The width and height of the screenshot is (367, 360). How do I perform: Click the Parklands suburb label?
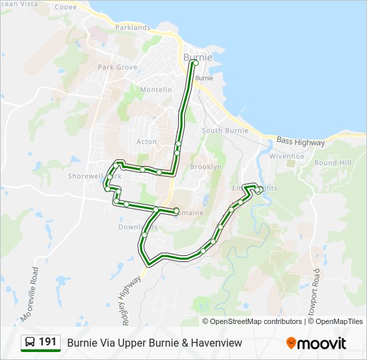point(133,27)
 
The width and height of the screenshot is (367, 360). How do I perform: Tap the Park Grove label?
point(117,67)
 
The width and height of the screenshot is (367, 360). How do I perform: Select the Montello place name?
point(155,90)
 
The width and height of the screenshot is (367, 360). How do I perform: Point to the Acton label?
point(147,142)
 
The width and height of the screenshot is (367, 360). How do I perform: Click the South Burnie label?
point(225,131)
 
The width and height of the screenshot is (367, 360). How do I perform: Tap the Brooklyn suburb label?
point(206,167)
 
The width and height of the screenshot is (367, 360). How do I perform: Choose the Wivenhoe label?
point(286,156)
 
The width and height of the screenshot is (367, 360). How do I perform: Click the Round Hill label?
point(332,163)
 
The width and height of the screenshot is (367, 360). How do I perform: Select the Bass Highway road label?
point(300,143)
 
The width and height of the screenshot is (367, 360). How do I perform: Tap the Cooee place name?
point(65,7)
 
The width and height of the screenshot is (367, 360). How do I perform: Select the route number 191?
point(47,342)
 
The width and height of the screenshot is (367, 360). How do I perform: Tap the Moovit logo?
point(316,343)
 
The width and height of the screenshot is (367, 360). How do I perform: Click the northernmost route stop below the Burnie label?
point(194,63)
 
